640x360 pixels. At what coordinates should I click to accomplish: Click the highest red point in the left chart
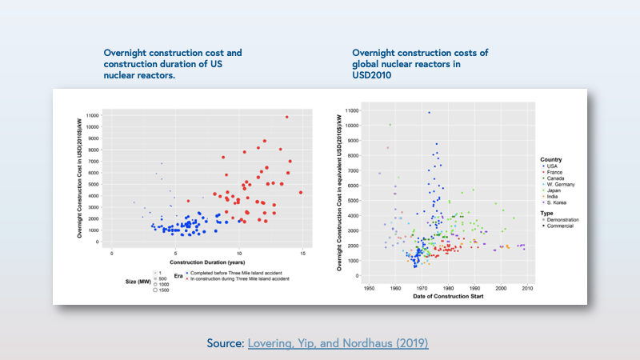tap(286, 117)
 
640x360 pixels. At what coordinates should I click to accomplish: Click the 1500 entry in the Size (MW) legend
tap(162, 290)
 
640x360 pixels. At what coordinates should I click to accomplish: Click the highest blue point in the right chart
tap(429, 113)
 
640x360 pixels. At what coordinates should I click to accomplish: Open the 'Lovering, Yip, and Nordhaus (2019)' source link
tap(338, 343)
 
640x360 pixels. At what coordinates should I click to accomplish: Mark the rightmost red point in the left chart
tap(300, 192)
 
